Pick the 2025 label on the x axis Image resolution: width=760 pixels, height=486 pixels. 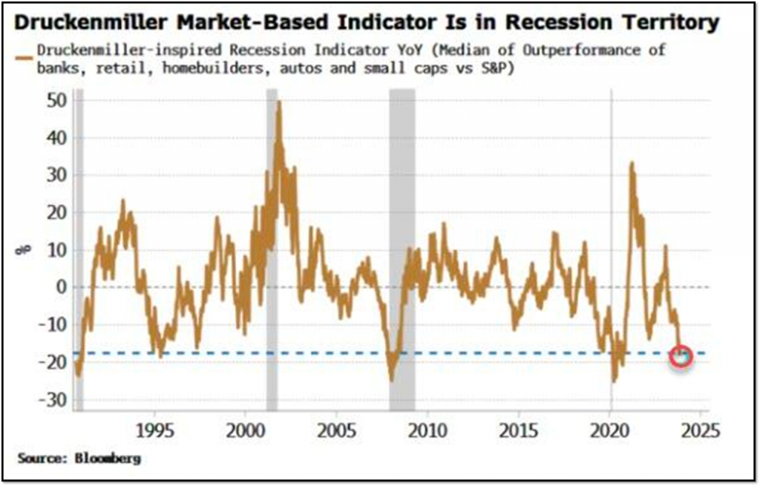pyautogui.click(x=699, y=431)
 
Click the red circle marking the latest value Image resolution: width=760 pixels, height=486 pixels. pyautogui.click(x=681, y=356)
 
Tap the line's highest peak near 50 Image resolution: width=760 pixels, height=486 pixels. pyautogui.click(x=279, y=102)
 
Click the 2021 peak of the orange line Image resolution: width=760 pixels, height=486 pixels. pyautogui.click(x=632, y=163)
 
